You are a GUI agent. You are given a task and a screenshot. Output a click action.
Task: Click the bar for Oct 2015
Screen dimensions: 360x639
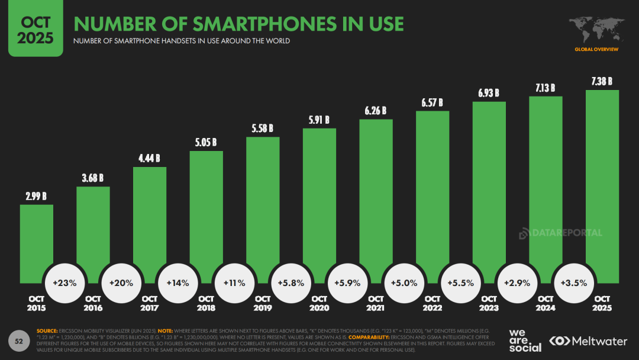(x=37, y=237)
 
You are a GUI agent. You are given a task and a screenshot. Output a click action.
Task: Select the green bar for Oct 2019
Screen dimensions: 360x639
(x=263, y=201)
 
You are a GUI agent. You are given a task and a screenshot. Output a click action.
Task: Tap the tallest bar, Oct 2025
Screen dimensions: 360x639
(x=602, y=178)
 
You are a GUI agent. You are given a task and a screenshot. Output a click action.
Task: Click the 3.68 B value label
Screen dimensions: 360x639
(x=93, y=178)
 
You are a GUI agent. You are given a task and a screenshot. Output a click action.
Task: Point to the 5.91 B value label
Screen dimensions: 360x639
(x=319, y=120)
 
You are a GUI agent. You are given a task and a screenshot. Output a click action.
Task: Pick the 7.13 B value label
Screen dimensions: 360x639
(x=546, y=88)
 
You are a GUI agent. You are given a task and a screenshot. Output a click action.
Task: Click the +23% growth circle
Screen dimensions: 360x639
(x=65, y=283)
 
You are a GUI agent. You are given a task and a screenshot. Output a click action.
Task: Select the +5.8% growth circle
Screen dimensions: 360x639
(x=291, y=283)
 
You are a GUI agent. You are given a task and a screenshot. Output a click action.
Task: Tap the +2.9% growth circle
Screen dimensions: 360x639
(x=517, y=283)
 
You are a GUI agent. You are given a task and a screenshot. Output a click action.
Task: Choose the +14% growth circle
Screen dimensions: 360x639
(x=178, y=283)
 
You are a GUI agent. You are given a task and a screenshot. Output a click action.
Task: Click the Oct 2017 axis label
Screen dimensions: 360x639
(x=150, y=303)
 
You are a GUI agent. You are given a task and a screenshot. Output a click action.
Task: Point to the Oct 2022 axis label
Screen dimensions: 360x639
(x=433, y=303)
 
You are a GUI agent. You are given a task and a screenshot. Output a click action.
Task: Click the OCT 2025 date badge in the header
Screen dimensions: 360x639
(x=35, y=30)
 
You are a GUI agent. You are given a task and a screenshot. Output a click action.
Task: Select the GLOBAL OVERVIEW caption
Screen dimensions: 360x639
(x=596, y=49)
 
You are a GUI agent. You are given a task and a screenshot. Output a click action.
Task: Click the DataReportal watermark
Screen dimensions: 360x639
(x=560, y=233)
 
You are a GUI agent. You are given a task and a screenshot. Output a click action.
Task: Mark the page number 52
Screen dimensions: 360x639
(x=19, y=341)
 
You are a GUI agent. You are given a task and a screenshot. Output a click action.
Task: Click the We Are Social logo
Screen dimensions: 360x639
(x=525, y=340)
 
